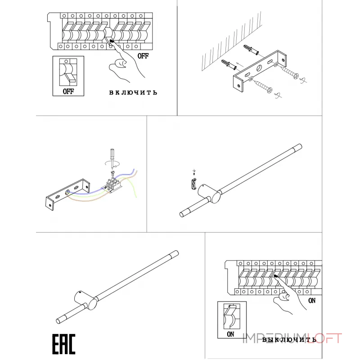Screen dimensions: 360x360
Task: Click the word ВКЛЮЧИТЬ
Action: coord(133,93)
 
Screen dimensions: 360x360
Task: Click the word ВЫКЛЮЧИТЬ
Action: coord(289,340)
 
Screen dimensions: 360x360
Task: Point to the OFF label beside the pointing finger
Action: coord(143,56)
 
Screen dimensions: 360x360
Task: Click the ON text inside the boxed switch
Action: coord(231,334)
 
